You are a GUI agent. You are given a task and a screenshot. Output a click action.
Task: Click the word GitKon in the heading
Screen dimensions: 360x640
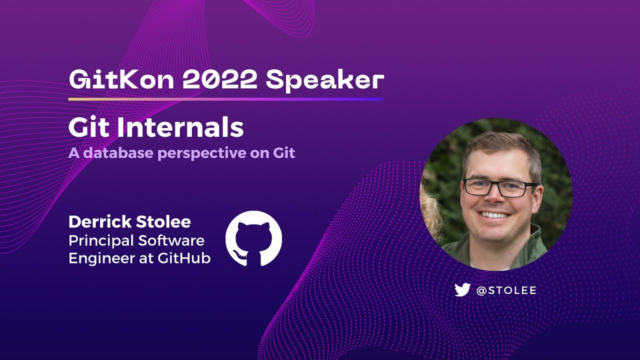[121, 79]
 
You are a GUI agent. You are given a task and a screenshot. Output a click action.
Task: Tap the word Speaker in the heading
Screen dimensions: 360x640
[325, 79]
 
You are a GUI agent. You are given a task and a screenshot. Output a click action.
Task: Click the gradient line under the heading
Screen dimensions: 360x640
[225, 99]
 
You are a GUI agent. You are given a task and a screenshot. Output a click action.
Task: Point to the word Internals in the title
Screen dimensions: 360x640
[180, 128]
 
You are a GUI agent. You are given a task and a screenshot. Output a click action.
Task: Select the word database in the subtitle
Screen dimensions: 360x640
[119, 153]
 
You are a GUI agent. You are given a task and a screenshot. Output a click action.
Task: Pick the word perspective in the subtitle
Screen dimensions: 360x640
[202, 153]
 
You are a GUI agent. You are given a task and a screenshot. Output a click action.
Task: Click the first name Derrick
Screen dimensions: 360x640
[97, 222]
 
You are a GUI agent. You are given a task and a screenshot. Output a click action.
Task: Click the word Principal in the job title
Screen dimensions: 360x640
[101, 240]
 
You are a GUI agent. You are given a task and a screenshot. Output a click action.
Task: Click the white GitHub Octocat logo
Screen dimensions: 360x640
[253, 238]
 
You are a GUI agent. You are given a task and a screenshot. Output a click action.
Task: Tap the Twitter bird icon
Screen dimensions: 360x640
[462, 290]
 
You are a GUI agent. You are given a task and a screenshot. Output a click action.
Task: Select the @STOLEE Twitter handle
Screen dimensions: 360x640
[506, 290]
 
